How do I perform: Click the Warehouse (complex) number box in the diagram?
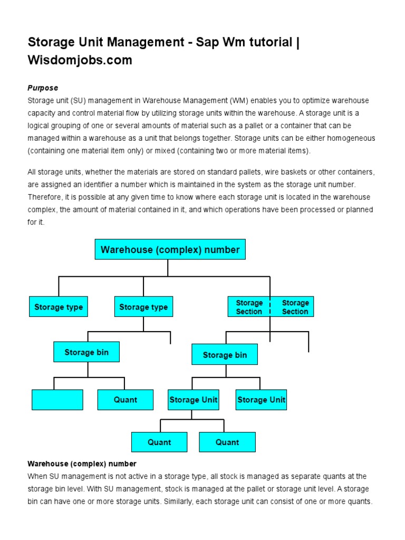(170, 249)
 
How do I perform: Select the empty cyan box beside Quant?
(57, 400)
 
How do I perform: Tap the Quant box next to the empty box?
(126, 400)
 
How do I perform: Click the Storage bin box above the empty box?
(86, 352)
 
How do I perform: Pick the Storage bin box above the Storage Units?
(225, 355)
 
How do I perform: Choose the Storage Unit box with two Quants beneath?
(193, 400)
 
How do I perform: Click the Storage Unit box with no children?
(261, 400)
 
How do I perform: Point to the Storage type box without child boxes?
(58, 307)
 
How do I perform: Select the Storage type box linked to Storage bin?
(143, 307)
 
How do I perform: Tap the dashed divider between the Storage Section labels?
(271, 307)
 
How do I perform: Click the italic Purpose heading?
(43, 88)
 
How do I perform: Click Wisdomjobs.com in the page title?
(80, 60)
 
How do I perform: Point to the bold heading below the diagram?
(82, 464)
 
